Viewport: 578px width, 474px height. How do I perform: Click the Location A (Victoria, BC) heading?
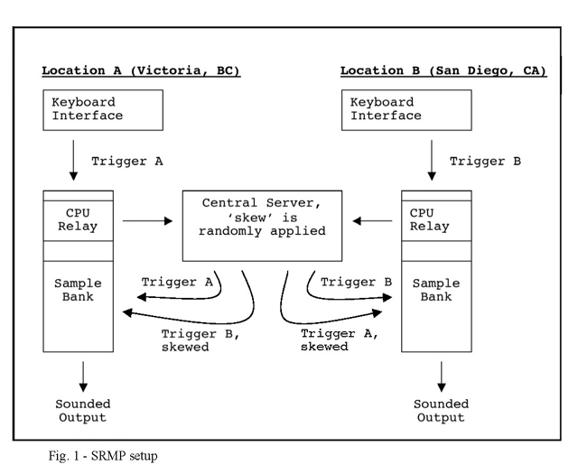click(x=141, y=70)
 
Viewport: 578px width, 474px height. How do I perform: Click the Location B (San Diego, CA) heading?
click(x=443, y=70)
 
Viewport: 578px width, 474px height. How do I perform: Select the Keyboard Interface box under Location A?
click(x=104, y=109)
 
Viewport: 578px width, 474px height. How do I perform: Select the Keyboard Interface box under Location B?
click(x=404, y=109)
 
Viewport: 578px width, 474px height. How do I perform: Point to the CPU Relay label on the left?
click(x=79, y=220)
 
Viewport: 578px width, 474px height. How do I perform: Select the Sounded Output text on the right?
click(x=440, y=410)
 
